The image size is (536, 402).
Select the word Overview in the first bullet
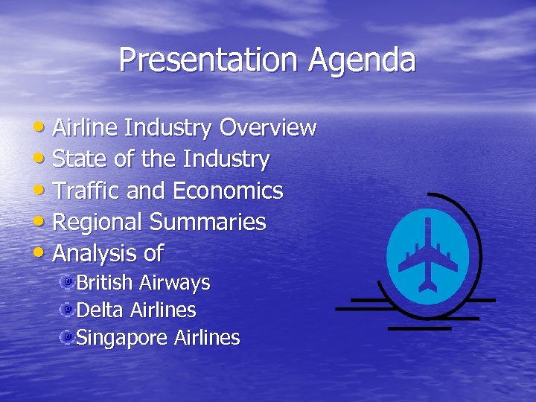tap(267, 128)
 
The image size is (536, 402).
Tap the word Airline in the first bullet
tap(86, 128)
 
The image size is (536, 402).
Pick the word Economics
tap(228, 191)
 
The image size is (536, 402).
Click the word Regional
tap(98, 222)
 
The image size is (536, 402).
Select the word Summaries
tap(208, 222)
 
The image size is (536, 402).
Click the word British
tap(105, 283)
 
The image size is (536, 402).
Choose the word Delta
tap(100, 310)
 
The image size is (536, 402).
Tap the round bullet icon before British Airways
tap(67, 282)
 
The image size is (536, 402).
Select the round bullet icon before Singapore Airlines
tap(67, 337)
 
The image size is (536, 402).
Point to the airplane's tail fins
tap(428, 285)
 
